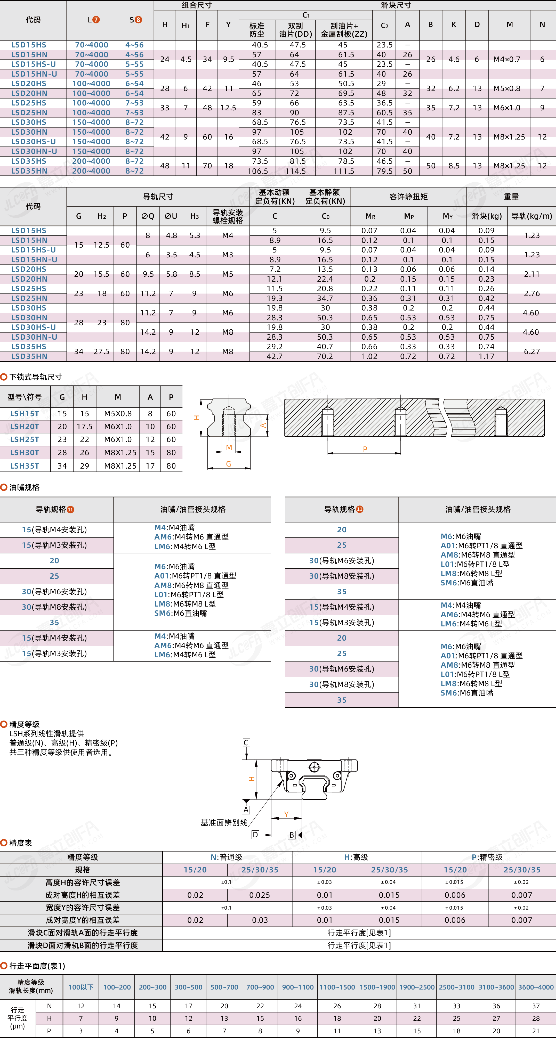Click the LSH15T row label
[x=25, y=413]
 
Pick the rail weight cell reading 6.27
[x=531, y=351]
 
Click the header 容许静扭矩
[x=408, y=197]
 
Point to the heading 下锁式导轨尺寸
[x=36, y=377]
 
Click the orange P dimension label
[x=365, y=449]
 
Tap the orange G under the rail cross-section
[x=229, y=464]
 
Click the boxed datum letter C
[x=246, y=743]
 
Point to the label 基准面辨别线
[x=224, y=822]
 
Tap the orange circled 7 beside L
[x=96, y=20]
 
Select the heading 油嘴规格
[x=24, y=487]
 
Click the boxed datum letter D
[x=255, y=835]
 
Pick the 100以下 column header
[x=81, y=987]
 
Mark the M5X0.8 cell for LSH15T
[x=118, y=413]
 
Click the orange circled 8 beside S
[x=138, y=20]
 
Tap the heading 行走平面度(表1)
[x=37, y=966]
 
